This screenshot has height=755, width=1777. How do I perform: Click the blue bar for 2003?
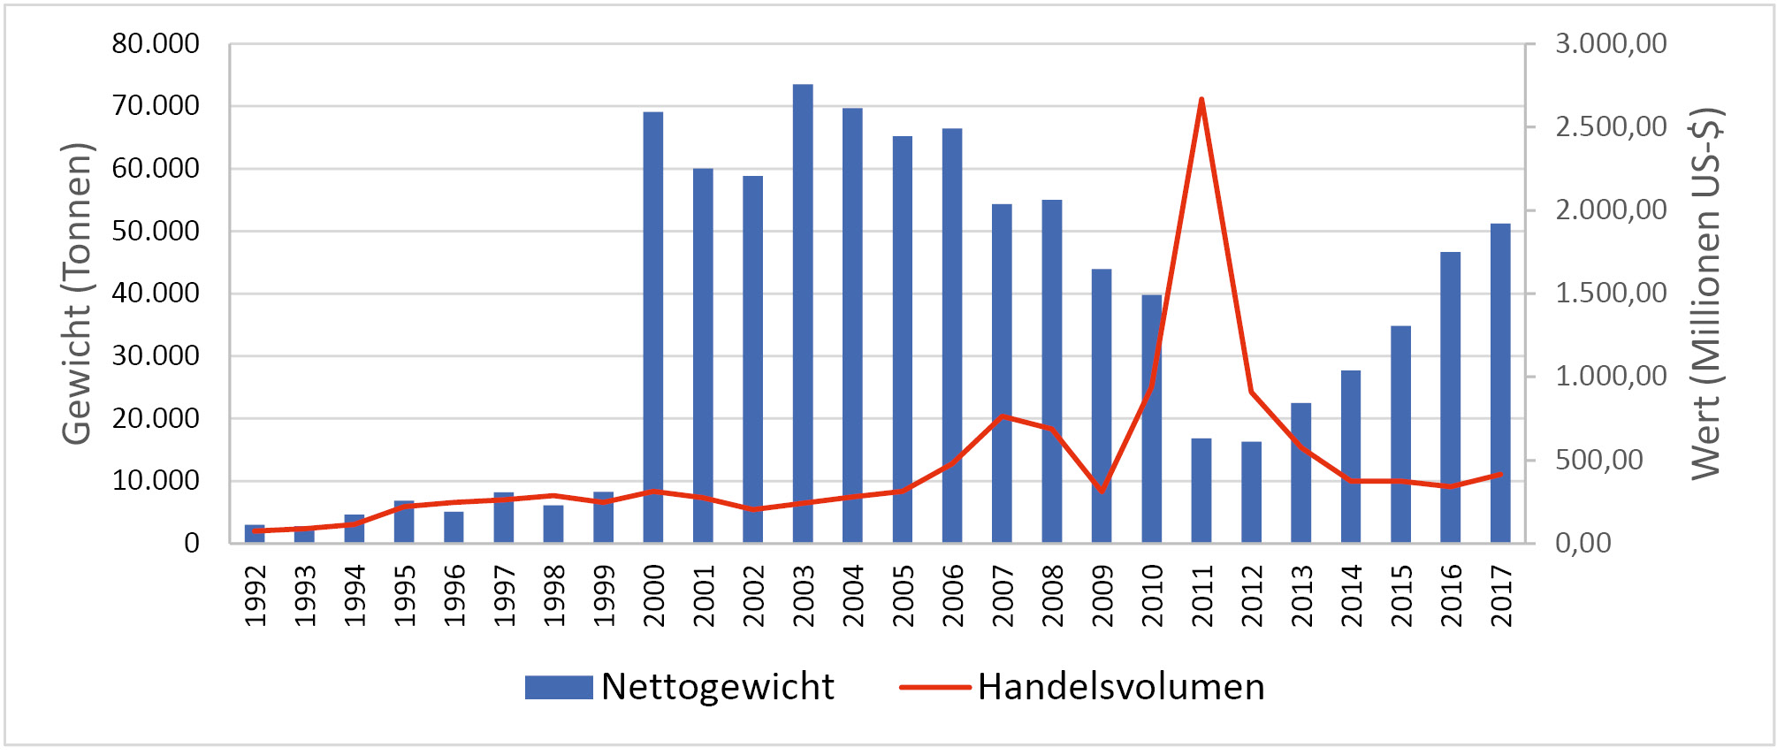(803, 314)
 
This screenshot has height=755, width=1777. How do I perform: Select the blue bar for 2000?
(653, 327)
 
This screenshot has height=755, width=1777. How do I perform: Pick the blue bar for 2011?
(1201, 491)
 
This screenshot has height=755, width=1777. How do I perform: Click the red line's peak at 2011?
(1201, 99)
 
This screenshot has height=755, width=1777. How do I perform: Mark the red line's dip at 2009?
(1102, 492)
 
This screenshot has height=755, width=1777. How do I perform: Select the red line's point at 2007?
(1002, 416)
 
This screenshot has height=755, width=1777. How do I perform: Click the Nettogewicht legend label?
(717, 687)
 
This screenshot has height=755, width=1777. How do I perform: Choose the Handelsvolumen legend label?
(1120, 687)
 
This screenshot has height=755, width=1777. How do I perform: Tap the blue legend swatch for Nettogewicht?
(559, 687)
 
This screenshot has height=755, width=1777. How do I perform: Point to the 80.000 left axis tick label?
(156, 43)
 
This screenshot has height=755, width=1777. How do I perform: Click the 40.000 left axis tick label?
(156, 294)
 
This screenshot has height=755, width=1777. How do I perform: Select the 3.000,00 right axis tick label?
(1611, 43)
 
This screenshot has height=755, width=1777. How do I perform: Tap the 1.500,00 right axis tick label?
(1611, 294)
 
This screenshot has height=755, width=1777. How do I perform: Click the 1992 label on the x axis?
(255, 596)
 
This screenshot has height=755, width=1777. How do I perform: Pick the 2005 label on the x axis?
(903, 596)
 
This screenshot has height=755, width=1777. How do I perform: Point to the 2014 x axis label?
(1351, 596)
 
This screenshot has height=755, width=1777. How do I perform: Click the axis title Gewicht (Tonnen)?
(77, 294)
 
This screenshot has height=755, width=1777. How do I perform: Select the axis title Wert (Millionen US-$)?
(1706, 294)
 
